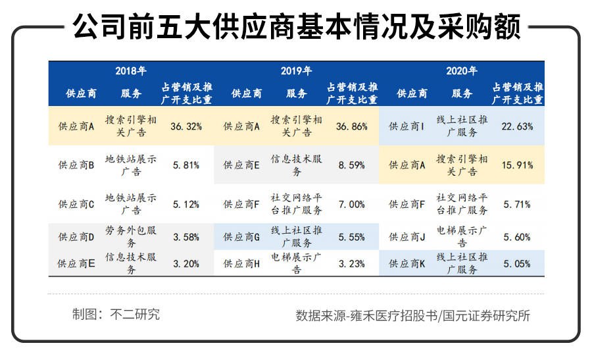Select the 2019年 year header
[x=296, y=71]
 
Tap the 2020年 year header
[x=461, y=71]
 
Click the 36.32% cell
[x=186, y=126]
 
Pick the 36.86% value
[x=352, y=126]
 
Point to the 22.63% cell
[x=517, y=126]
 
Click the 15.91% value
[x=517, y=165]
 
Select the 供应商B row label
[x=76, y=165]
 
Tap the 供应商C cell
[x=76, y=204]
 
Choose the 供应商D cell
[x=76, y=237]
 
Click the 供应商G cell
[x=242, y=237]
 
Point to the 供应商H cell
[x=242, y=263]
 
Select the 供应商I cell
[x=407, y=126]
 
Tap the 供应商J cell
[x=407, y=237]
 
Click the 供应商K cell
[x=407, y=263]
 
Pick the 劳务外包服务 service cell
[x=131, y=237]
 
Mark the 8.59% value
[x=352, y=165]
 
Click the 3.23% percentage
[x=352, y=263]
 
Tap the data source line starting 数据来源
[x=413, y=315]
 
